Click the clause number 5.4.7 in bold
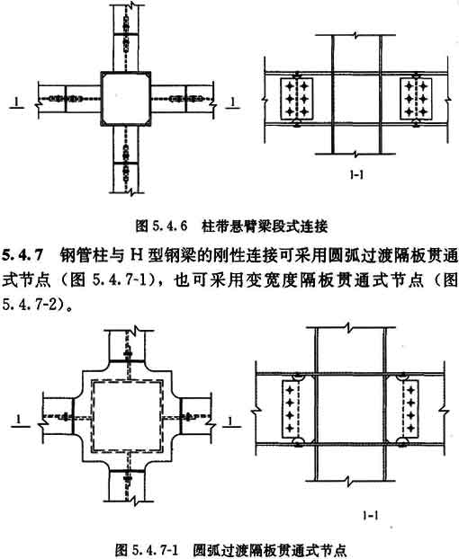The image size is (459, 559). (x=22, y=256)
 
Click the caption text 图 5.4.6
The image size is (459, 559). (x=162, y=226)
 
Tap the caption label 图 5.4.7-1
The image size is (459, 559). (x=147, y=549)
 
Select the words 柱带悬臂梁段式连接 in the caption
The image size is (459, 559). (x=265, y=226)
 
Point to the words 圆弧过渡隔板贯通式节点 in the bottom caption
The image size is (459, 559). (x=270, y=549)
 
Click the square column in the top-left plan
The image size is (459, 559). (x=126, y=98)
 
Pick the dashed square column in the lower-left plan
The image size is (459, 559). (x=127, y=416)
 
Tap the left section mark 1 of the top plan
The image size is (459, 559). (x=17, y=102)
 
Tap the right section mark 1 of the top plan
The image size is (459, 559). (x=232, y=102)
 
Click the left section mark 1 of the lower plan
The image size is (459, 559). (x=20, y=421)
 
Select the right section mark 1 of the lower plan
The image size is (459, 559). (x=230, y=421)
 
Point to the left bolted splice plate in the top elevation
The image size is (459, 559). (x=297, y=99)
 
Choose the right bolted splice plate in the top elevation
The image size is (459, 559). (x=416, y=99)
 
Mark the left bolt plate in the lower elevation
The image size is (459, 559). (x=291, y=409)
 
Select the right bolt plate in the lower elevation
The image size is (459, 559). (x=409, y=409)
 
